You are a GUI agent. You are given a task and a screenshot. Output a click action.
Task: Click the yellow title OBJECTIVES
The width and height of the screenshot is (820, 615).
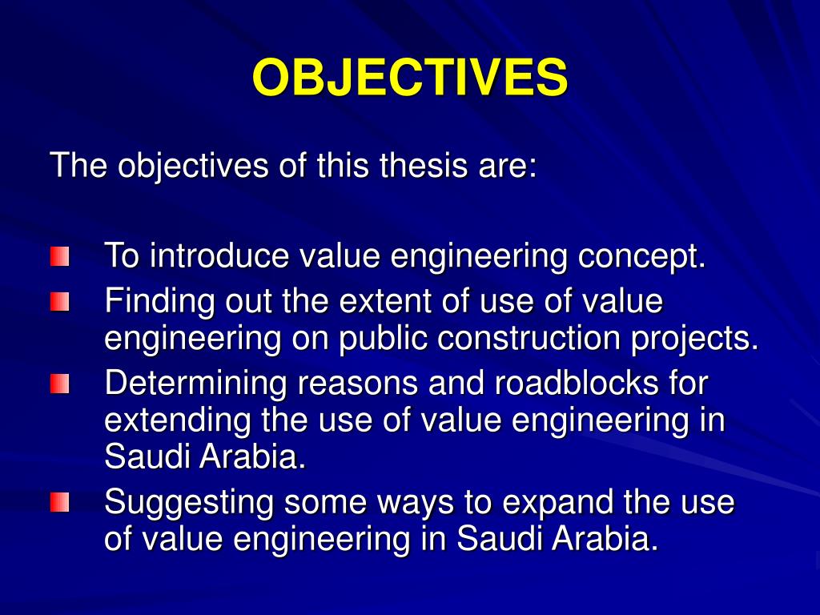[410, 78]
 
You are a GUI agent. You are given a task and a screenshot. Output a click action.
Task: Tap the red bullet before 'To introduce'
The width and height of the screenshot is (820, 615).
[59, 257]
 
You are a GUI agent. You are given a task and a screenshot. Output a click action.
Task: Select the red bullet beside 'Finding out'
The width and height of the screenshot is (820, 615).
[59, 303]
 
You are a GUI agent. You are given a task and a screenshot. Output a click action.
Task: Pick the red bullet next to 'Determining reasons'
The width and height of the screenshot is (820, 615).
[59, 384]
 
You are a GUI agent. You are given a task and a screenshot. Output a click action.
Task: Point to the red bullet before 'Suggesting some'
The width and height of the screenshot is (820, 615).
[59, 503]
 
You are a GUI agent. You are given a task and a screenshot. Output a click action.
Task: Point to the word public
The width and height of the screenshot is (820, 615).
[383, 340]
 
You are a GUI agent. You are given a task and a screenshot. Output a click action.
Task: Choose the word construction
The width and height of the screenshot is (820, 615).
[529, 339]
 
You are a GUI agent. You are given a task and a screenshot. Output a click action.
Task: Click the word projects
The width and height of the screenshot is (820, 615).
[693, 340]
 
